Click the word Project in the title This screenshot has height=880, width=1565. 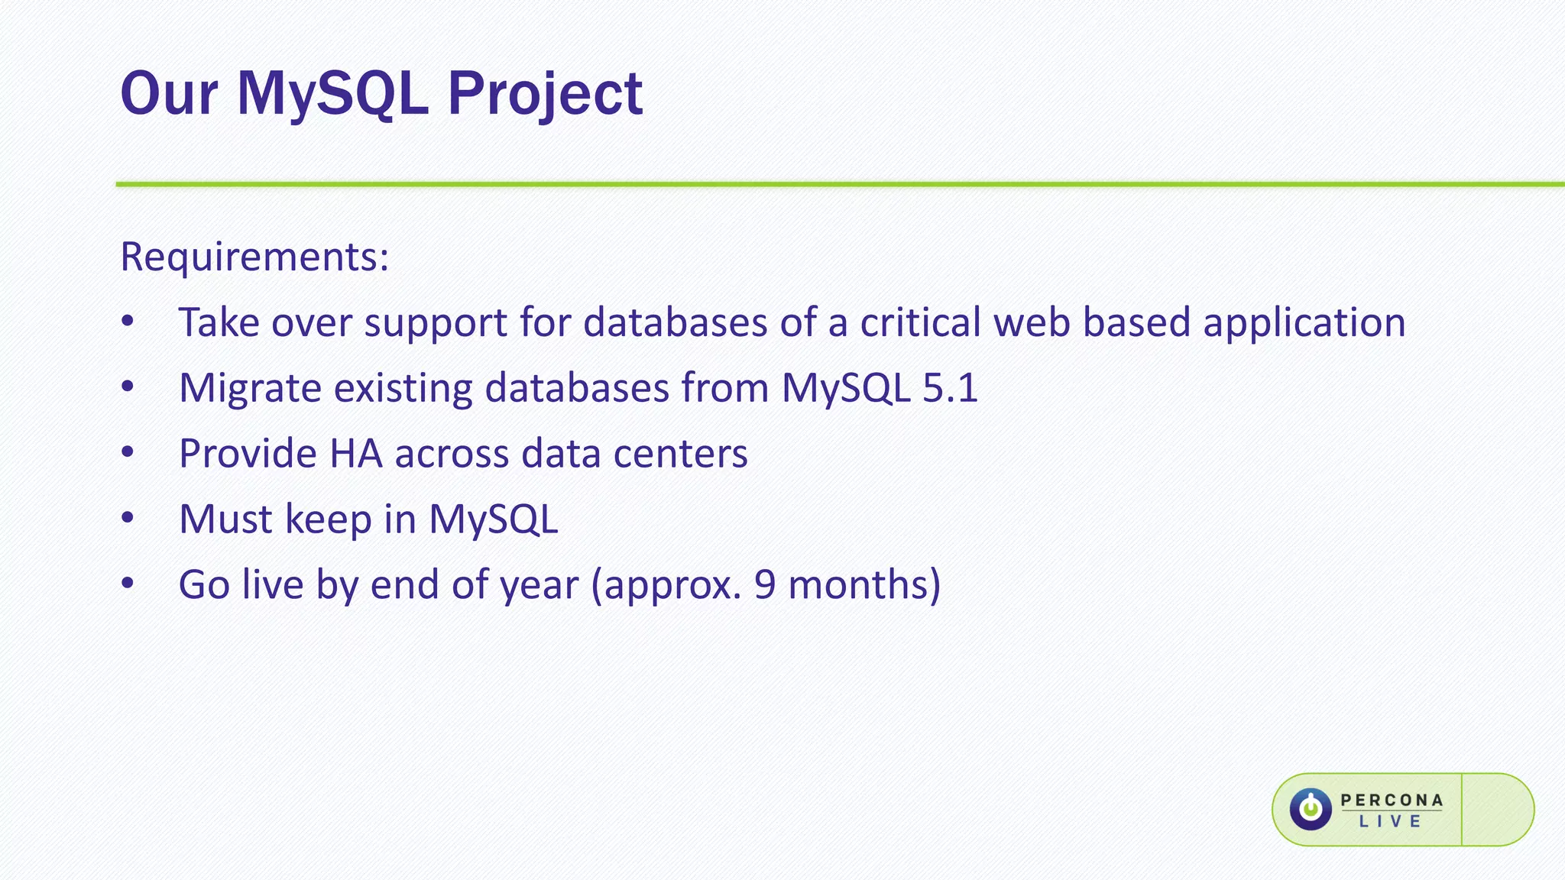coord(544,95)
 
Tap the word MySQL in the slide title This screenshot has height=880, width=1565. coord(332,95)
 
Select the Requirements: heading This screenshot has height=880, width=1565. coord(254,257)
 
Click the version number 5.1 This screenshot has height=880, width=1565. coord(950,388)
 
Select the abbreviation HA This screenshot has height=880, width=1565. coord(355,454)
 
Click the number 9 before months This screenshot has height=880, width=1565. coord(765,585)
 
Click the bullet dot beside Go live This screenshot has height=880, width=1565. coord(128,584)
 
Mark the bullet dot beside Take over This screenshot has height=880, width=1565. coord(128,322)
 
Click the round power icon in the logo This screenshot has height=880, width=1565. coord(1311,810)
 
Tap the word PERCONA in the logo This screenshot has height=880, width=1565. coord(1392,800)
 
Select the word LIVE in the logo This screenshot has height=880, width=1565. coord(1390,822)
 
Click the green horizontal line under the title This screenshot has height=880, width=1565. coord(841,184)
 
